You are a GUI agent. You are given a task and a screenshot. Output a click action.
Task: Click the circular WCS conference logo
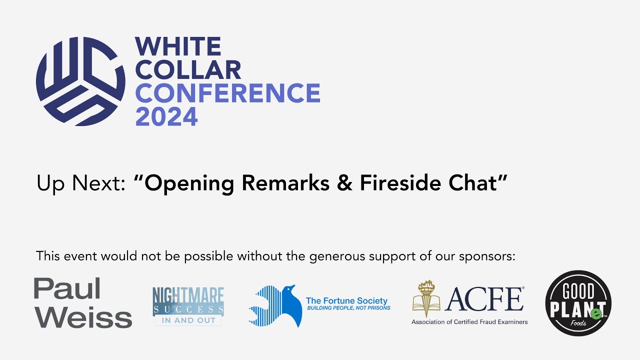pos(80,81)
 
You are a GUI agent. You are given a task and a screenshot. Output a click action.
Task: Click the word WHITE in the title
pos(178,47)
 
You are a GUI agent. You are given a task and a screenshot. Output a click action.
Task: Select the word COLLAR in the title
pos(188,70)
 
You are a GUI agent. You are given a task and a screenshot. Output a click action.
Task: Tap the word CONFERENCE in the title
pos(227,93)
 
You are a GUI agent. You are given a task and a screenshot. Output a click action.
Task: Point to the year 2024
pos(166,116)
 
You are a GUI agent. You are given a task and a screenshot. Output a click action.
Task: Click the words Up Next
pos(80,184)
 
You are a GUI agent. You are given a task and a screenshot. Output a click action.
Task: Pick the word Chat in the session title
pos(477,183)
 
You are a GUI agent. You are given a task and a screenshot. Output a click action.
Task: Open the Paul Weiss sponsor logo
pos(83,303)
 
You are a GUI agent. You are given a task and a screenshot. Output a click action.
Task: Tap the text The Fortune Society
pos(346,300)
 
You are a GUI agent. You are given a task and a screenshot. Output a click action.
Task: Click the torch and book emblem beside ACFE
pos(426,299)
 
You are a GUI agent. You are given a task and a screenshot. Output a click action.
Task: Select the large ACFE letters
pos(484,299)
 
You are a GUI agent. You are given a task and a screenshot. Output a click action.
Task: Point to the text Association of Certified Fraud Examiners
pos(469,322)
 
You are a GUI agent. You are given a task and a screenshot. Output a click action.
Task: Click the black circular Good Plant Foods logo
pos(578,303)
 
